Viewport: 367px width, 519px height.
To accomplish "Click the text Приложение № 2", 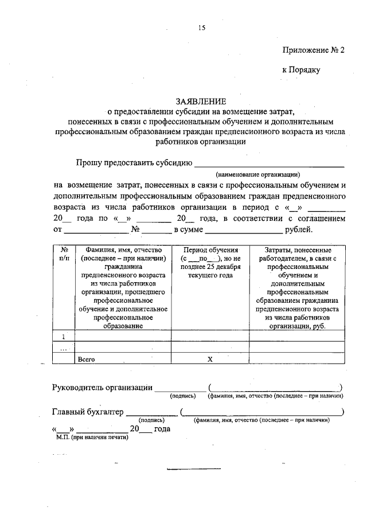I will click(x=314, y=50).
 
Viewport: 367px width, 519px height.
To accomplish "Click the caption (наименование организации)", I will click(x=257, y=174).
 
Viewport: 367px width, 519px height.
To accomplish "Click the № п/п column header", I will click(x=64, y=254).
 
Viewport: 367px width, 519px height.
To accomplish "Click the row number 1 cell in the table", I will click(x=64, y=337).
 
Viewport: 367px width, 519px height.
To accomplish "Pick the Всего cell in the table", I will click(x=86, y=359).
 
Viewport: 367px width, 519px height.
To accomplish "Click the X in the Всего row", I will click(x=210, y=359).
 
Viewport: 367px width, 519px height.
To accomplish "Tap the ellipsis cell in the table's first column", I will click(x=64, y=348).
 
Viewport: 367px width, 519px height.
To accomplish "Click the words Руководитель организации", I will click(x=102, y=388).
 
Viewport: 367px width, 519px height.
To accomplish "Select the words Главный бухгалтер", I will click(x=88, y=412).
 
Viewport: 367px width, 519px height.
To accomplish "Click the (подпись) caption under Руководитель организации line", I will click(x=182, y=396).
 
